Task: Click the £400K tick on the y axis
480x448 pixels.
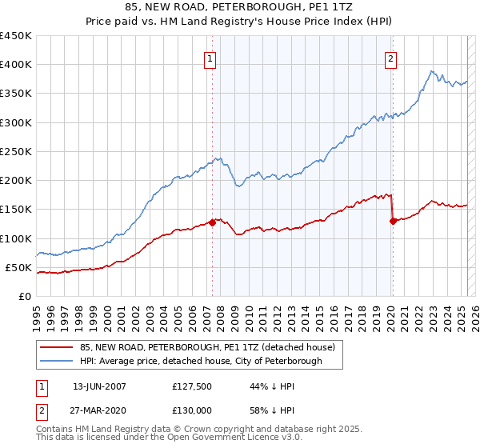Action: pos(16,65)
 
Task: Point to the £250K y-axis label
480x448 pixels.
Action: pos(16,151)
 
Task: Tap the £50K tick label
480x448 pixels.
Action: pos(19,267)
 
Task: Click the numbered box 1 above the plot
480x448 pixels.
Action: pos(210,58)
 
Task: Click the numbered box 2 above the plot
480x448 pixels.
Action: pos(390,58)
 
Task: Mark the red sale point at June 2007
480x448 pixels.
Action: pos(212,222)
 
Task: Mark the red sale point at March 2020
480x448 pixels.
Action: pos(393,221)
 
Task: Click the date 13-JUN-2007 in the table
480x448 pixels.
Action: pos(99,386)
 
